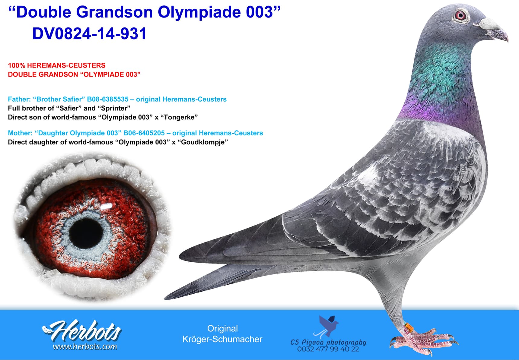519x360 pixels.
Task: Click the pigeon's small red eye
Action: point(460,15)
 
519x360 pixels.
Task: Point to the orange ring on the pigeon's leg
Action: point(408,327)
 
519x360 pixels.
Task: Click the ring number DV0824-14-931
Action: point(89,33)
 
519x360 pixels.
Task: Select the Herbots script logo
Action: point(82,331)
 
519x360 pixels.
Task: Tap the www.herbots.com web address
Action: point(85,347)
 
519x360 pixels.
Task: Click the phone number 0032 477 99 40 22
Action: point(328,349)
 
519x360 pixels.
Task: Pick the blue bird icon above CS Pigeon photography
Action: point(328,326)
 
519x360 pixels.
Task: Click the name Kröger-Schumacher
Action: point(222,339)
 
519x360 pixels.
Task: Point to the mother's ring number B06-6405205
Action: point(144,133)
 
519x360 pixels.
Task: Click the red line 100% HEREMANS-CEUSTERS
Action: point(57,65)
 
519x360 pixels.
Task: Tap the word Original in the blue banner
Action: point(222,328)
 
